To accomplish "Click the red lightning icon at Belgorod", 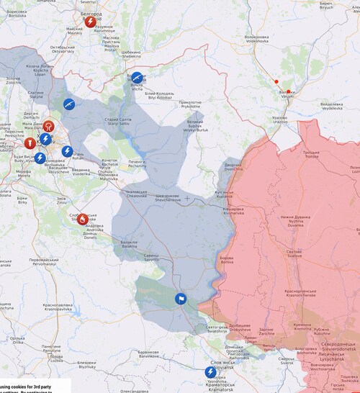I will [x=90, y=22].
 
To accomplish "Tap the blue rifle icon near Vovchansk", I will [x=137, y=78].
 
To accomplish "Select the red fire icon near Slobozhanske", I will [x=83, y=219].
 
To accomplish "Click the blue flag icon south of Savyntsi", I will [x=180, y=299].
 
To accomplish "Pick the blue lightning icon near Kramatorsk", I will [x=210, y=371].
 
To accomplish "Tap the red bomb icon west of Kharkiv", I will [x=30, y=143].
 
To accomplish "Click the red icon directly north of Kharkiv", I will [x=48, y=126].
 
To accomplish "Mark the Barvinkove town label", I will [x=148, y=353].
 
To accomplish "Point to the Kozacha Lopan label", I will [x=37, y=69].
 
